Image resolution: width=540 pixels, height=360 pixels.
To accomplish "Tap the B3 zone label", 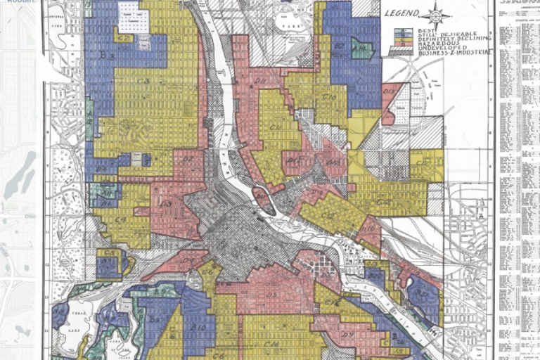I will pos(106,54).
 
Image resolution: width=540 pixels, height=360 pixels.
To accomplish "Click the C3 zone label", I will pos(143,82).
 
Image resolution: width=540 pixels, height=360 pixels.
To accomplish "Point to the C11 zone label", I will pos(275,127).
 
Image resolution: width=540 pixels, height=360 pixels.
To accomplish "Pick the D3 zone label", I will pos(166,204).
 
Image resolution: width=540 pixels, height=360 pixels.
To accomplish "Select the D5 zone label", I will pos(272,293).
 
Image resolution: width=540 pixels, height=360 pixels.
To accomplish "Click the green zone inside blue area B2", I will pos(361,50).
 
